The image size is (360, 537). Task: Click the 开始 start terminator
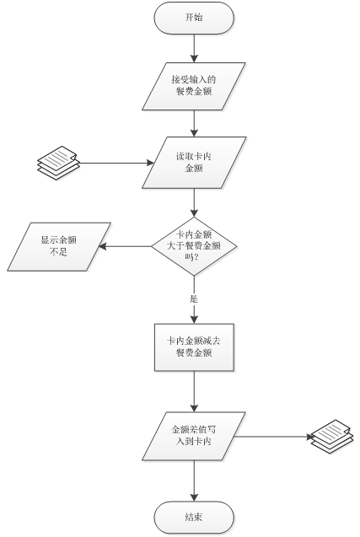[x=194, y=18]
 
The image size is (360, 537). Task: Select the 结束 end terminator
[x=194, y=517]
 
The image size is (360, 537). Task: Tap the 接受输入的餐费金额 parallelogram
[x=194, y=86]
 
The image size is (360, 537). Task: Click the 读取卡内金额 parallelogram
[x=194, y=163]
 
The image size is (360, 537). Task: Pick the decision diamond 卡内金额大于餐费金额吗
[x=194, y=246]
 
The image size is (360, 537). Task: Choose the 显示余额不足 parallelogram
[x=59, y=246]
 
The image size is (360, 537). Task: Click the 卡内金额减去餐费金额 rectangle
[x=194, y=347]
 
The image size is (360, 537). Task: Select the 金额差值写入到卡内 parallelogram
[x=194, y=436]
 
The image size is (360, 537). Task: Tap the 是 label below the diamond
[x=194, y=299]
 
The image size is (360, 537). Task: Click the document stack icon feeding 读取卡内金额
[x=58, y=163]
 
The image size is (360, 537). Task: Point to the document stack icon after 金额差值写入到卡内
[x=332, y=437]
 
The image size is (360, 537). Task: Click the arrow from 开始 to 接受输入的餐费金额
[x=194, y=48]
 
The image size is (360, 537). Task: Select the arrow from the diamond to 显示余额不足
[x=125, y=246]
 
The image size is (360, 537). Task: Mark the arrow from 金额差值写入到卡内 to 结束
[x=194, y=481]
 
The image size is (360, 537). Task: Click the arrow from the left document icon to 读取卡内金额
[x=116, y=163]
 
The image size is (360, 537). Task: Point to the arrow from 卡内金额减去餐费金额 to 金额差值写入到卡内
[x=194, y=391]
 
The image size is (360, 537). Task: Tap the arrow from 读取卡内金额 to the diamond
[x=194, y=202]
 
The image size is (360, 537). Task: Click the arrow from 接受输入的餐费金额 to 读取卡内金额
[x=194, y=124]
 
